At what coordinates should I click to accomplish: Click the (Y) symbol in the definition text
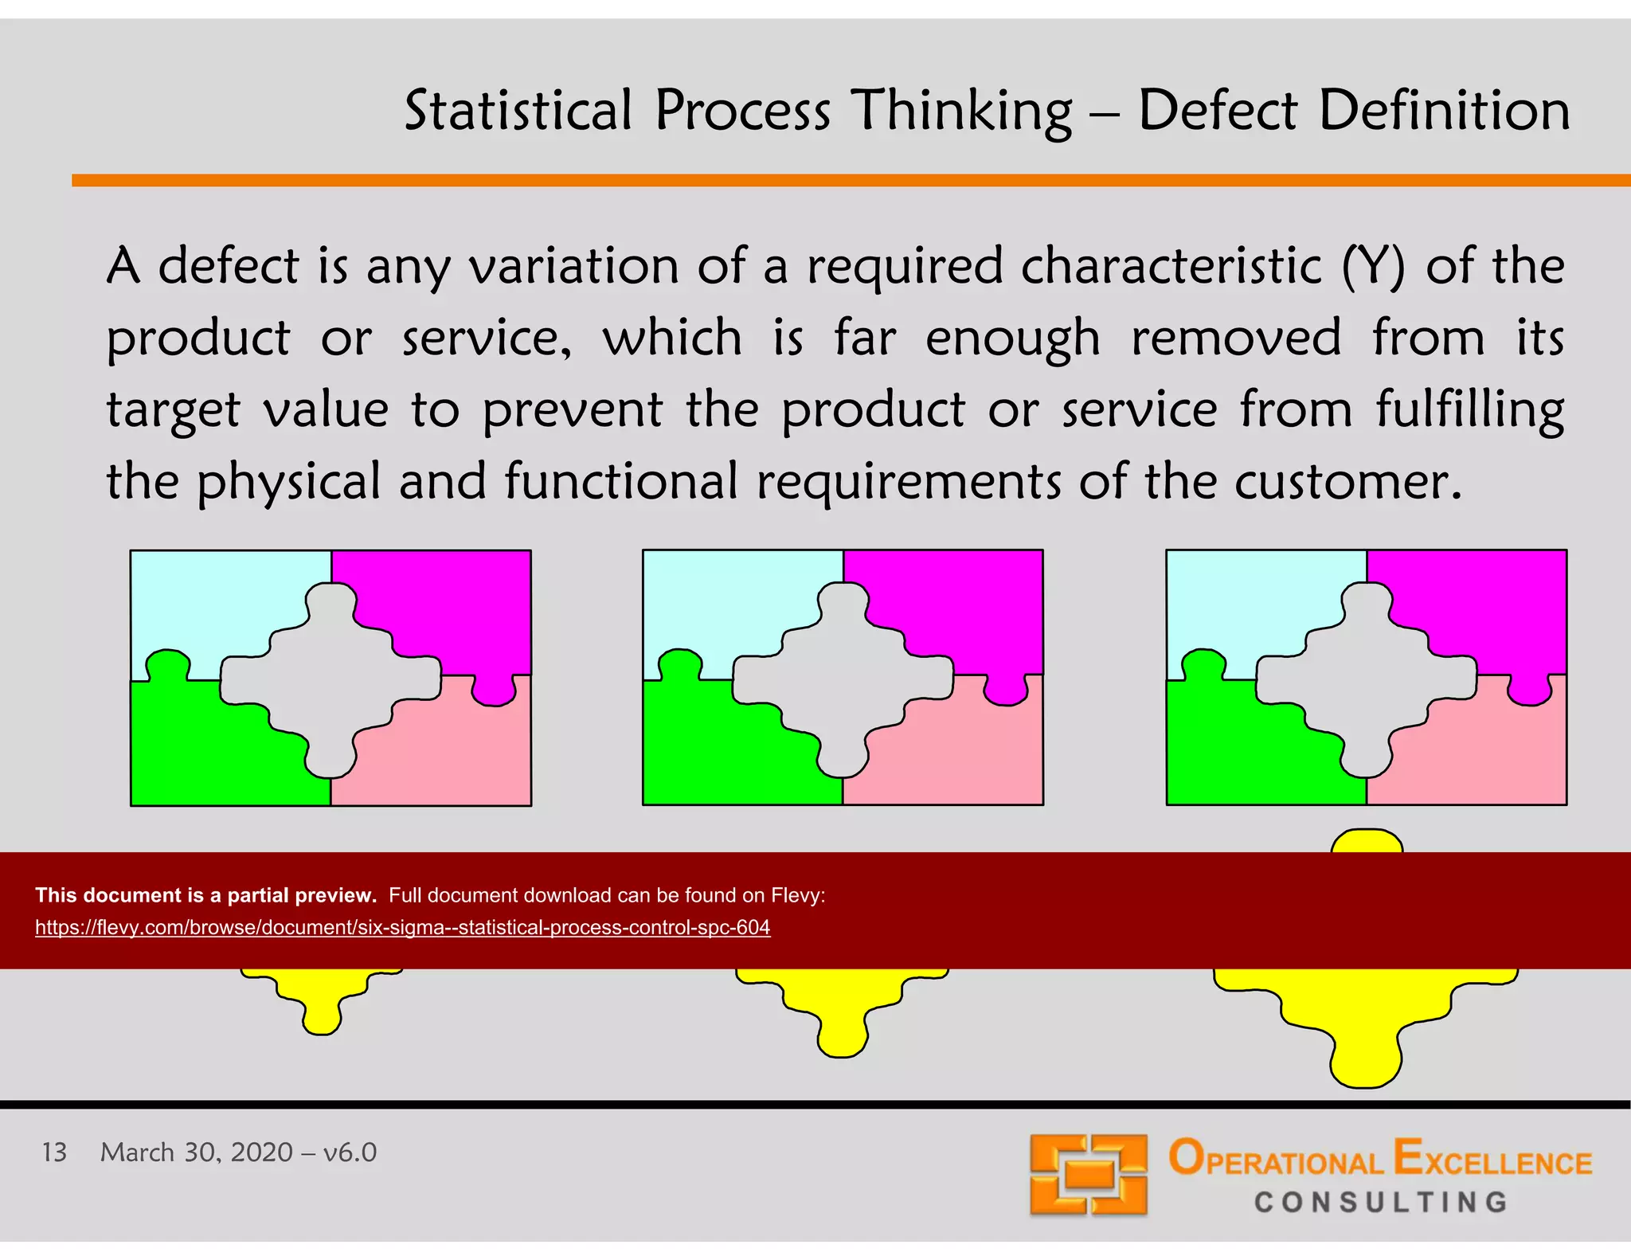(x=1373, y=266)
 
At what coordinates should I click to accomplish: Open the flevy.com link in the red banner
(x=402, y=927)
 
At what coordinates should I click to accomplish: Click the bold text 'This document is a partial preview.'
(x=205, y=895)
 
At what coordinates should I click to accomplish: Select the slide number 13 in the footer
(x=54, y=1152)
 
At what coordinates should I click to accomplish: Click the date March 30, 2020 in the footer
(x=196, y=1152)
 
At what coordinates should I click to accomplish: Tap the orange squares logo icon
(x=1088, y=1174)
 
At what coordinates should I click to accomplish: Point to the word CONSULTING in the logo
(x=1381, y=1202)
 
